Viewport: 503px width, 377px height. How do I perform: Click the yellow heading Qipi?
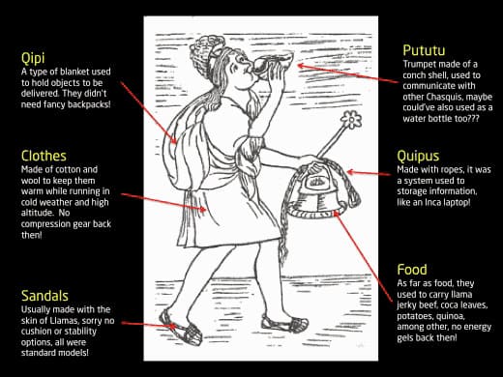tap(33, 58)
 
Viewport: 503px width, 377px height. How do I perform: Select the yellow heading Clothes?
tap(44, 156)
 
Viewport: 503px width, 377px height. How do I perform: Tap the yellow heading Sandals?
tap(44, 296)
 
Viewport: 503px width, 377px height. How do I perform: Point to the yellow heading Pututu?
tap(424, 50)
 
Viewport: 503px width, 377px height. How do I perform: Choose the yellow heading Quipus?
tap(418, 157)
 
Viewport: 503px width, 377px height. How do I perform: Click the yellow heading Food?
tap(412, 270)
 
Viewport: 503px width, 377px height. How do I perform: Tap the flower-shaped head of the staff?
tap(351, 120)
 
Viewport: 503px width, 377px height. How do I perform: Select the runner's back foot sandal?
tap(181, 328)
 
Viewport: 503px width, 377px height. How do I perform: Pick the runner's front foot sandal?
tap(284, 323)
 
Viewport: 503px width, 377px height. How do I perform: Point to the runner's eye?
tap(239, 60)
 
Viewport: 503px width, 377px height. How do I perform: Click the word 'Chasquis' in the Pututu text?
tap(444, 97)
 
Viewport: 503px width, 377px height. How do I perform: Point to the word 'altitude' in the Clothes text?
tap(37, 213)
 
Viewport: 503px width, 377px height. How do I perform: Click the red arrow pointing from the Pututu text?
tap(347, 73)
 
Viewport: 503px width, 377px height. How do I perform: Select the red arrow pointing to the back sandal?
tap(149, 325)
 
